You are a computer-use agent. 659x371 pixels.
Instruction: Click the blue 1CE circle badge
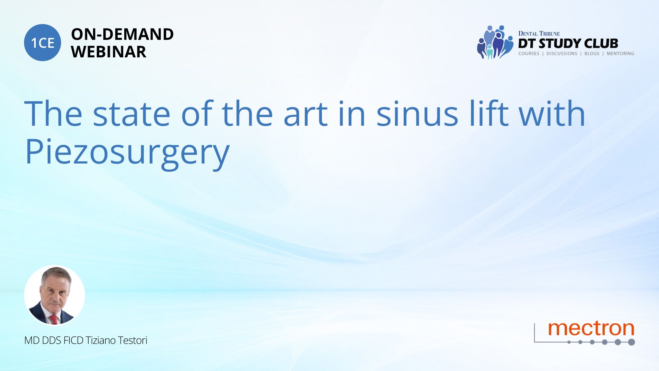coord(43,43)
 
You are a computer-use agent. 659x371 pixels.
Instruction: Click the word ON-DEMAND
coord(122,34)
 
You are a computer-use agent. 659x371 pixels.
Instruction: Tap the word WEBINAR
coord(108,52)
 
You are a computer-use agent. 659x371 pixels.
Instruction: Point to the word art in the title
coord(305,114)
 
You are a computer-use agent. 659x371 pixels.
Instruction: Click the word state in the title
coord(131,114)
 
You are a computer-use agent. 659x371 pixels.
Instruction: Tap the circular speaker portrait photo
coord(55,295)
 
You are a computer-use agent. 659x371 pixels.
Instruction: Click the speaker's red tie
coord(54,319)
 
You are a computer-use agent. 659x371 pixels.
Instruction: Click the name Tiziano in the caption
coord(101,340)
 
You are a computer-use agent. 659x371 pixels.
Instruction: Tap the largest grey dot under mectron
coord(631,342)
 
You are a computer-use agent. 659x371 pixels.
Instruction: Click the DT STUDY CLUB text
coord(568,44)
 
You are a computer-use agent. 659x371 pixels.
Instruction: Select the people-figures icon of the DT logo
coord(495,42)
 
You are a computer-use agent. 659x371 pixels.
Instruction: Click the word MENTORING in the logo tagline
coord(620,54)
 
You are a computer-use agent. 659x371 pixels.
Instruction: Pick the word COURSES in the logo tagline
coord(529,54)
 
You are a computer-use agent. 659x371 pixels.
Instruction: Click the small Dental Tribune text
coord(539,34)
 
